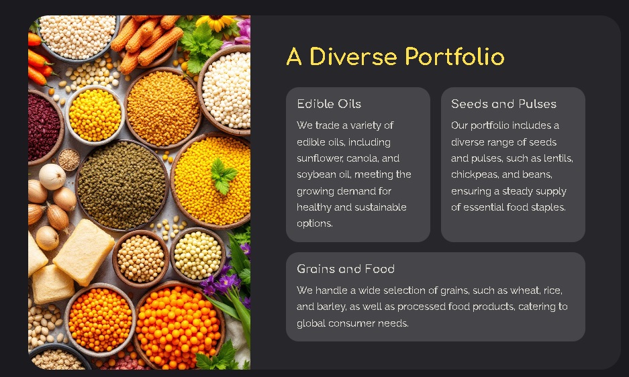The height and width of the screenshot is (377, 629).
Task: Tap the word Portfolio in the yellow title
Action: point(454,57)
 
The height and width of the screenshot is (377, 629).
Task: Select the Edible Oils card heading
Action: point(329,104)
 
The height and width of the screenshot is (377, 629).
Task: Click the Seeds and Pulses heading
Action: point(503,104)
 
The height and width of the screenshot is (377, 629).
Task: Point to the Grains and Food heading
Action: point(346,269)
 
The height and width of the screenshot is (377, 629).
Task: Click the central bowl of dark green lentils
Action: point(122,185)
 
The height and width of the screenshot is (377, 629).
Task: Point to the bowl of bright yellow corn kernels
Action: point(95,115)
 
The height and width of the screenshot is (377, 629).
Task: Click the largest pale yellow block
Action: point(83,251)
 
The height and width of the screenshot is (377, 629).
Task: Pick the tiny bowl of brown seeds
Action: point(69,159)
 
